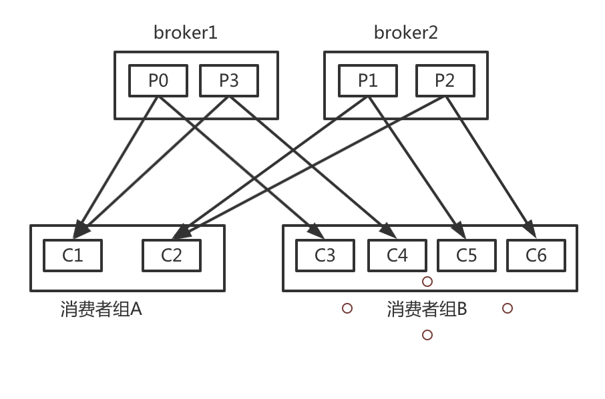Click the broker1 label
point(186,32)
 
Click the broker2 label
point(405,32)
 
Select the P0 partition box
point(158,81)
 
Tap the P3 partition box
point(229,81)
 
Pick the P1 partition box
point(368,81)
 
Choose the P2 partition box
point(445,81)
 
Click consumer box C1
point(73,256)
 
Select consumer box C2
point(172,256)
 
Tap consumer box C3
point(325,256)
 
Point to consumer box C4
point(397,256)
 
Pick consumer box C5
point(467,256)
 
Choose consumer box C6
point(536,256)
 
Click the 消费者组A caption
point(101,310)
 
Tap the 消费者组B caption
point(427,310)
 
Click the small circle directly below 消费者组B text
point(427,335)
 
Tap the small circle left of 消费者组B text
point(347,308)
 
